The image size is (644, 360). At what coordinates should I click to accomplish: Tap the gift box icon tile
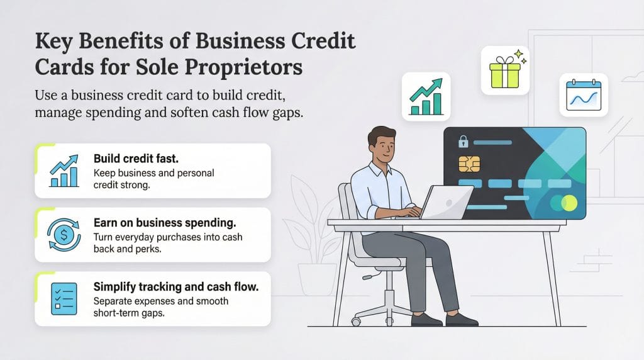[504, 70]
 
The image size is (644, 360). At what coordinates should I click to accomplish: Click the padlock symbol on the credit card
[464, 142]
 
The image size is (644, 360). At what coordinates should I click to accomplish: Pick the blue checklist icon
[64, 298]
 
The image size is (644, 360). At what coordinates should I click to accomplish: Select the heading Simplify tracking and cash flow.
[175, 287]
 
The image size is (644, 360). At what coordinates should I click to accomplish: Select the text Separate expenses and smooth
[161, 301]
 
